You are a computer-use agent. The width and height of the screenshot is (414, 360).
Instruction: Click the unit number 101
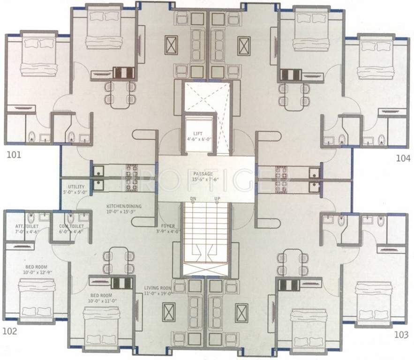point(14,154)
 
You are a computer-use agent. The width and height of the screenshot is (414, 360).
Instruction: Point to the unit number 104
point(402,158)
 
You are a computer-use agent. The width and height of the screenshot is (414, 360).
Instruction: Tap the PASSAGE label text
point(202,173)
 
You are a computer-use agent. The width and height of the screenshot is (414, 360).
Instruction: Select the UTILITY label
point(76,187)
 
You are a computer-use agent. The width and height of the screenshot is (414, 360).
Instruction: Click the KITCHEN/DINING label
point(124,206)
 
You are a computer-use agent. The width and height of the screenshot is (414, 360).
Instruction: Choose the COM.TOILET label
point(68,227)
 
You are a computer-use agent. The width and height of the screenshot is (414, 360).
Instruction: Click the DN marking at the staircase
point(193,199)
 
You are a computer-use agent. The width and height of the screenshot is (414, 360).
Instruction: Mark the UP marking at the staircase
point(217,199)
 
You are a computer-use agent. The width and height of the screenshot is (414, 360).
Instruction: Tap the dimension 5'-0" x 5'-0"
point(76,192)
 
